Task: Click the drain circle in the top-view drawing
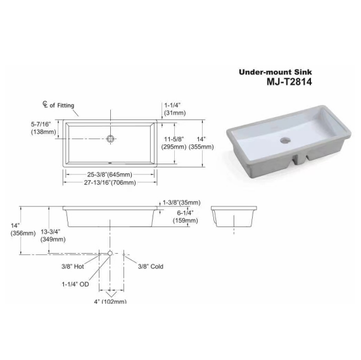tap(111, 137)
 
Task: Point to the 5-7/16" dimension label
tap(44, 127)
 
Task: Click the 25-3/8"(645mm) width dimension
tap(110, 174)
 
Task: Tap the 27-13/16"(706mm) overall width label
tap(110, 182)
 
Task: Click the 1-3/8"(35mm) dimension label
tap(182, 202)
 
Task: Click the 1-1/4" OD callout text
tap(76, 284)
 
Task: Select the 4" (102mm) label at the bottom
tap(110, 301)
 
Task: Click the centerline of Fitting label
tap(58, 106)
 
